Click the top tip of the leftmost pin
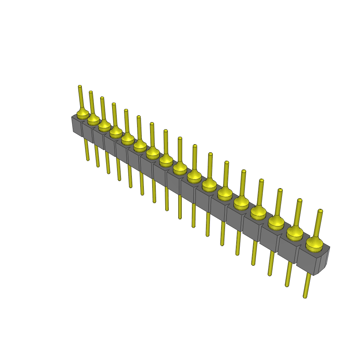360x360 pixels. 80,86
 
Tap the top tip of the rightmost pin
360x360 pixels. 320,211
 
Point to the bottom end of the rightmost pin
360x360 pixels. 305,297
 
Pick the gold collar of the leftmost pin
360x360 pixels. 83,114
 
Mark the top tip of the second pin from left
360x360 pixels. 91,92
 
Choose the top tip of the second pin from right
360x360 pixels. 300,200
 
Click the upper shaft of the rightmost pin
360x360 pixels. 318,225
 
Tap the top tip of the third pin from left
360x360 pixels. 102,98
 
